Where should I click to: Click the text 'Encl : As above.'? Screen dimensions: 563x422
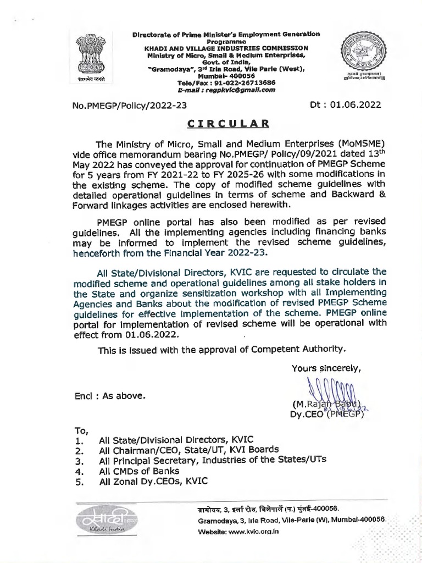(110, 395)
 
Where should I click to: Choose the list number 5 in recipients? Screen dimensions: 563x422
(79, 482)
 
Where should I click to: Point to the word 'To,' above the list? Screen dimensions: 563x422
(81, 430)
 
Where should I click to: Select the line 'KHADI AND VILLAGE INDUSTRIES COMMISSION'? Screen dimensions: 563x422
(226, 47)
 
